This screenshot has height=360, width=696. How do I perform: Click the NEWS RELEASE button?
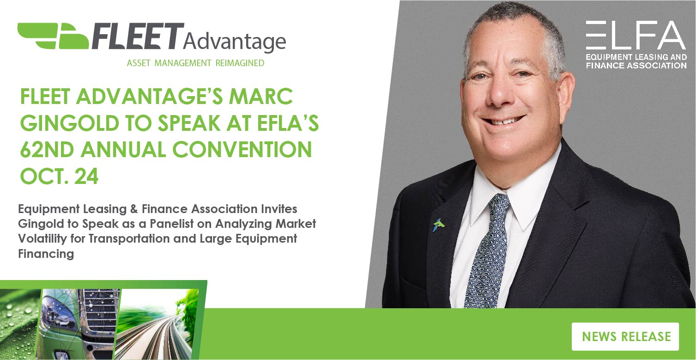tap(625, 336)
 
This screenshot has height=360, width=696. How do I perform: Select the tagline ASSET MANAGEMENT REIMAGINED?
tap(195, 63)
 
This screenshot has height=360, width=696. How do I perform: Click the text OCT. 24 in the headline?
tap(59, 176)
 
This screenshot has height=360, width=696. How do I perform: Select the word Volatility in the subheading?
tap(44, 238)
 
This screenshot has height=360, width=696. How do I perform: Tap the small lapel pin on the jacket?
tap(438, 225)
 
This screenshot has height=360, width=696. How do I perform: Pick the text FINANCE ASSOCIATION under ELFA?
tap(636, 66)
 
